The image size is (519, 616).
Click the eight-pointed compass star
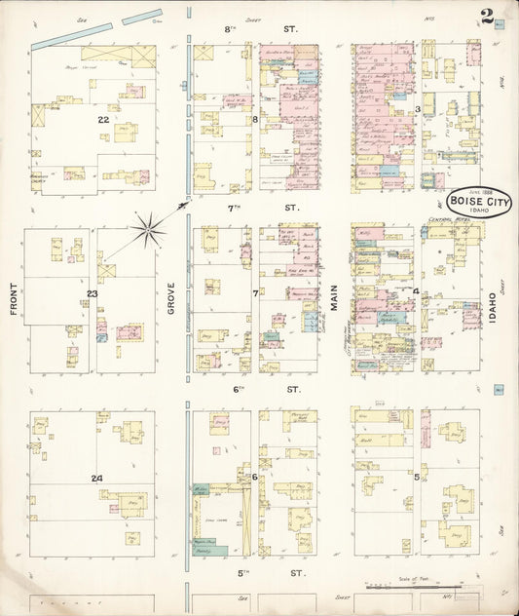(149, 229)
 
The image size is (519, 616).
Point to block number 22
(103, 118)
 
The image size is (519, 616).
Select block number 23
(93, 293)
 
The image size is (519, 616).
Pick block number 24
(96, 478)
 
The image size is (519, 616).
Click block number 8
(255, 120)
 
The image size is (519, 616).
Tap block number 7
(255, 292)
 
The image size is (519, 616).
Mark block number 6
(254, 477)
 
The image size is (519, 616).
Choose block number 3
(417, 109)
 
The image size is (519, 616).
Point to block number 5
(417, 477)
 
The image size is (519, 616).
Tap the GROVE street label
(171, 298)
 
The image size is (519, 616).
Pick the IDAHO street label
(493, 304)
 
